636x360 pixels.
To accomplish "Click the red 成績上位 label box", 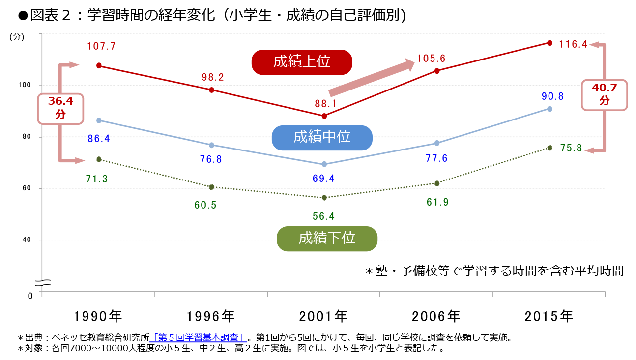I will [x=302, y=62].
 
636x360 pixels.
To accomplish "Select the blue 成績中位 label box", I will [x=322, y=137].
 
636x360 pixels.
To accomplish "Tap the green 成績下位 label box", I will [x=327, y=239].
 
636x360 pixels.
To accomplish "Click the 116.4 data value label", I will [x=573, y=44].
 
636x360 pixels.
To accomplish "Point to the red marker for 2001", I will [x=324, y=116].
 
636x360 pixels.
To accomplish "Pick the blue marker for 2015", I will [x=549, y=109].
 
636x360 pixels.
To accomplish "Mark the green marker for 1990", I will [x=99, y=159].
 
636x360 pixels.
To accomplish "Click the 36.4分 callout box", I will [x=60, y=108].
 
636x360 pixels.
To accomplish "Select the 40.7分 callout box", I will [x=604, y=94].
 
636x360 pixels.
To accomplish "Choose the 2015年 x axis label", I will [x=549, y=316].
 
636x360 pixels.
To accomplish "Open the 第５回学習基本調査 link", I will [x=199, y=338].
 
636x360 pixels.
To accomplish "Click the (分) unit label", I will [x=17, y=37].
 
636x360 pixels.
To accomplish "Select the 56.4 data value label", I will [x=323, y=216].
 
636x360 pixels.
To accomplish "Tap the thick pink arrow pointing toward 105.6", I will [x=372, y=78].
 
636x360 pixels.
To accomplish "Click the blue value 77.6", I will [x=436, y=158].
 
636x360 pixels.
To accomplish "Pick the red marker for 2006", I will [x=437, y=71].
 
